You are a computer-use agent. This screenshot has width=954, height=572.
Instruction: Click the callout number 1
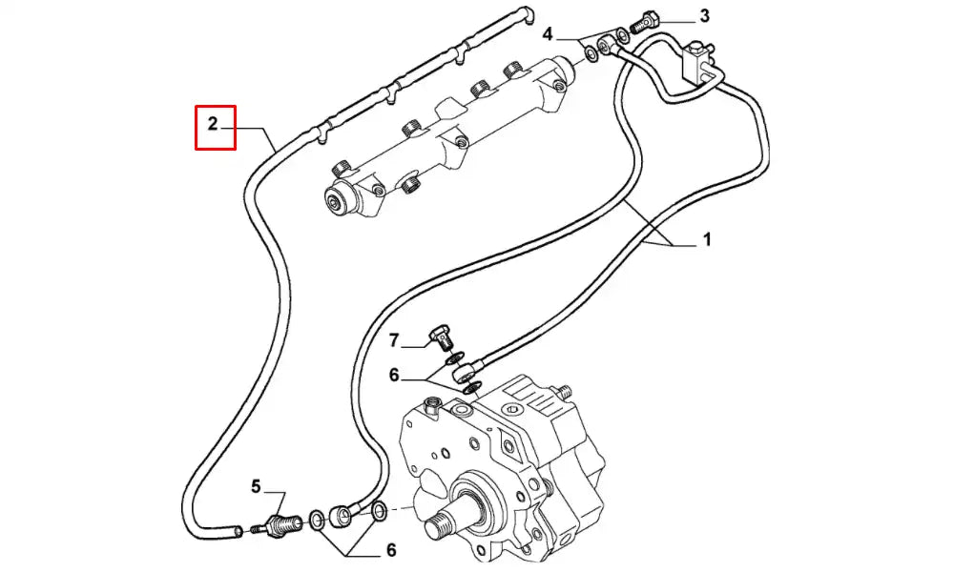point(707,240)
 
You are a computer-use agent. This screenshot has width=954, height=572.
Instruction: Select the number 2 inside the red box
point(214,123)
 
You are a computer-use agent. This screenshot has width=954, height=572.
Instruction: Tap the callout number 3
point(704,15)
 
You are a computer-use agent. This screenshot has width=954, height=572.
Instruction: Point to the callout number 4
point(549,34)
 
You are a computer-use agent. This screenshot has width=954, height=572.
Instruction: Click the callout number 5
point(256,487)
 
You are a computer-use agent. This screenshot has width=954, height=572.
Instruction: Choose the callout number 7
point(393,339)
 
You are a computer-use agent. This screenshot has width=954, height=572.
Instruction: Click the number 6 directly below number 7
point(393,376)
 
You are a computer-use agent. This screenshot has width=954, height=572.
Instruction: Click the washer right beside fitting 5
point(314,521)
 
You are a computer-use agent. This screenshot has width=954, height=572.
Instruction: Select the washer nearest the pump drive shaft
point(378,512)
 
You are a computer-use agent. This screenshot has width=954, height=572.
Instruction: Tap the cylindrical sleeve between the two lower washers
point(341,517)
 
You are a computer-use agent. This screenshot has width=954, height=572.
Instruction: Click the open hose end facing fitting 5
point(234,527)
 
